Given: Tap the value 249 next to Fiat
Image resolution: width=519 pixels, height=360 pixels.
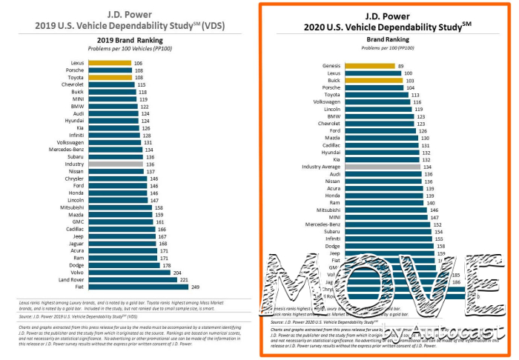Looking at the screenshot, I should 196,287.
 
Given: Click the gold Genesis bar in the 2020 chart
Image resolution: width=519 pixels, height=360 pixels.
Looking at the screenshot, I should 368,66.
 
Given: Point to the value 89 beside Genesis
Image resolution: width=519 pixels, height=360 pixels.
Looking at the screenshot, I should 400,66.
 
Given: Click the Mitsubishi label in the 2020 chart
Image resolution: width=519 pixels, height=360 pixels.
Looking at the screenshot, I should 326,210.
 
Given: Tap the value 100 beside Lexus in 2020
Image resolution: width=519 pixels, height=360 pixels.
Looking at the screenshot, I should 408,73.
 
